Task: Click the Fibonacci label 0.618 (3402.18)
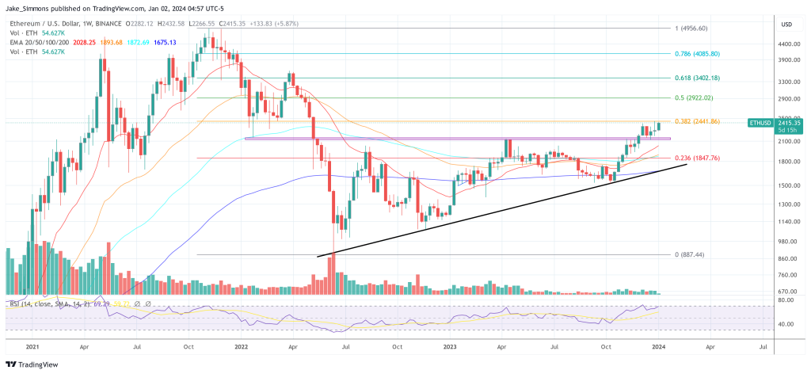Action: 697,78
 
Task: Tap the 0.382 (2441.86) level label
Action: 697,120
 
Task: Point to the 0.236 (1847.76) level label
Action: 697,158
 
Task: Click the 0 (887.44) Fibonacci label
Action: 690,254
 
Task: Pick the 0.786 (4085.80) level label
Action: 697,53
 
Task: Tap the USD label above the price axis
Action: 786,24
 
